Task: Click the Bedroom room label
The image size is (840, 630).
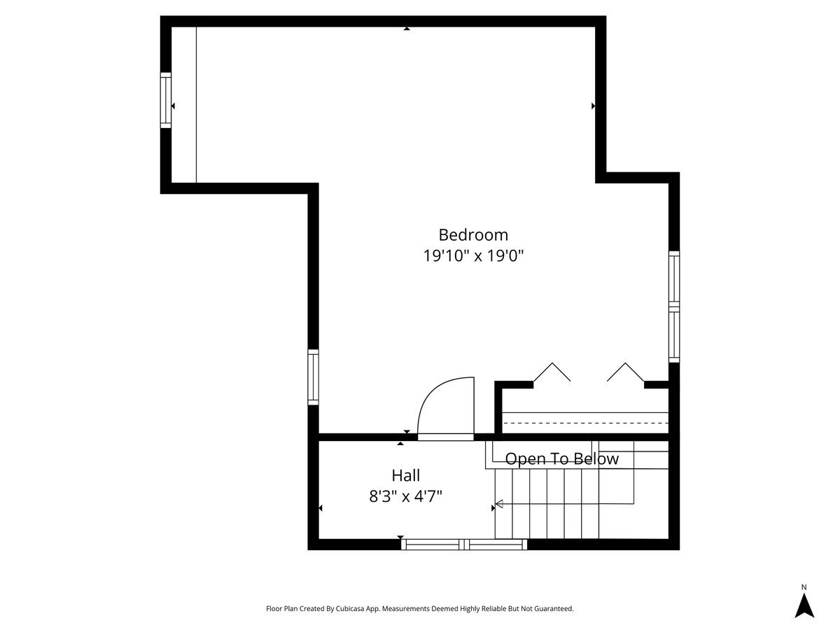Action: (x=473, y=235)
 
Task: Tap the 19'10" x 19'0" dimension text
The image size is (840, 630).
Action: (x=473, y=255)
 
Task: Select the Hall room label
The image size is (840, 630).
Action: (x=405, y=475)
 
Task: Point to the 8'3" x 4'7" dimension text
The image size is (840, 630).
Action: (x=405, y=496)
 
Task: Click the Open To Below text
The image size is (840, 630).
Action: (x=561, y=459)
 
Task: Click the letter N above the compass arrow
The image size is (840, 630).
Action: (x=804, y=587)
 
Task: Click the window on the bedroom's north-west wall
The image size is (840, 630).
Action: (x=166, y=100)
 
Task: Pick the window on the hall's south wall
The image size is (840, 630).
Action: (x=464, y=545)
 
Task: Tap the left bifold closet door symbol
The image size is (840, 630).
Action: (x=552, y=372)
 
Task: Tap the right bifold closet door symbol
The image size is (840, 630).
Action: (x=625, y=372)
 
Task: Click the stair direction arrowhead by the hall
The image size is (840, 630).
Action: (x=499, y=504)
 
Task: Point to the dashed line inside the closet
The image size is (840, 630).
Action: (x=585, y=423)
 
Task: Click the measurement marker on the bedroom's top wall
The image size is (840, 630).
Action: (x=407, y=29)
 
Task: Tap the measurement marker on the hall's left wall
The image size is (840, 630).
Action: (x=321, y=508)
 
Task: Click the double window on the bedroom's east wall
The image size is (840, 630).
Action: (x=674, y=307)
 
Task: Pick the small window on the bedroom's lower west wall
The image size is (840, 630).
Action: (x=313, y=377)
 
